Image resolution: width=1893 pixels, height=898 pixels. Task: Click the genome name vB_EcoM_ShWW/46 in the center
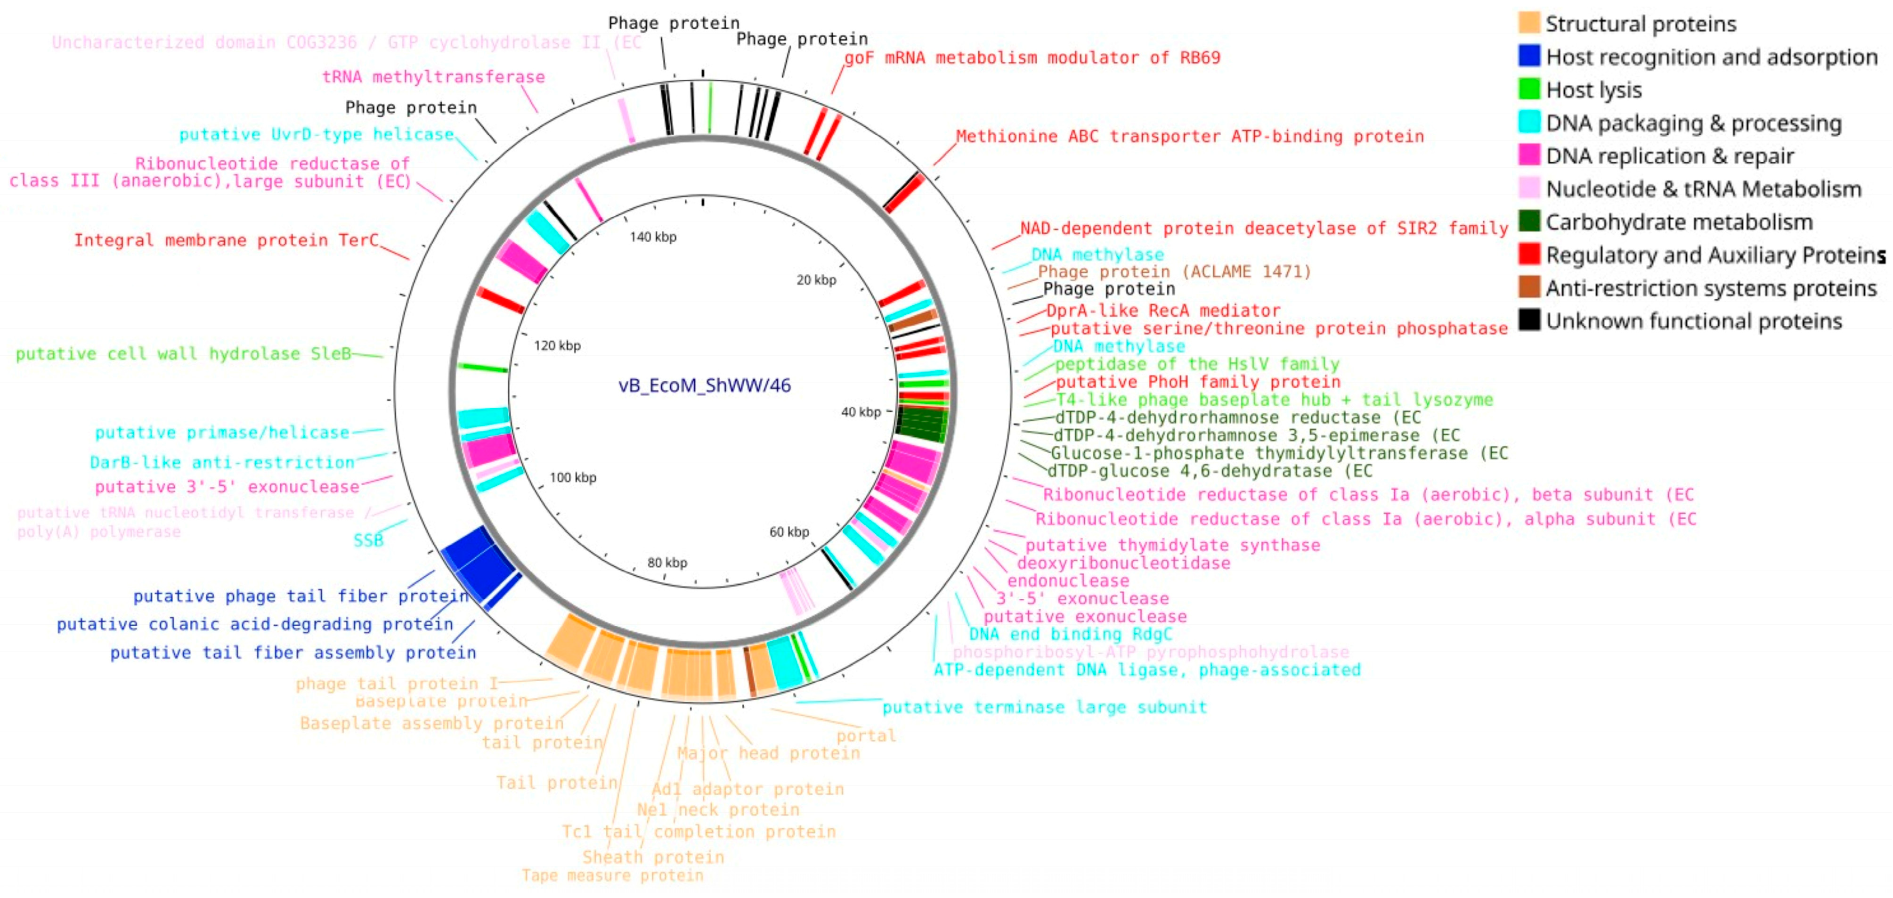coord(704,385)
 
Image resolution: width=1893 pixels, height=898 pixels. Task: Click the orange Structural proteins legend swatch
coord(1529,23)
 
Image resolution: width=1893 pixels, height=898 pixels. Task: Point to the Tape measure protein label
coord(612,875)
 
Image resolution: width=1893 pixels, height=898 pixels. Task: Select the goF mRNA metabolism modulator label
coord(1032,57)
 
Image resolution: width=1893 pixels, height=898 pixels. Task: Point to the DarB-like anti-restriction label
coord(222,462)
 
